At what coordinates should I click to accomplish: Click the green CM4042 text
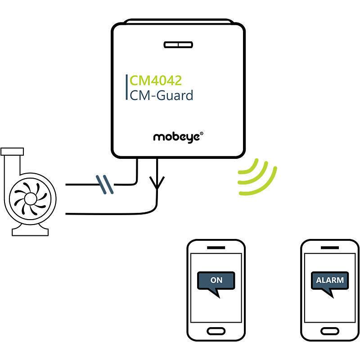tap(156, 81)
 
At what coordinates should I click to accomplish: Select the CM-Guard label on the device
tap(161, 95)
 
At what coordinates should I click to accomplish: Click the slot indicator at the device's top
tap(178, 45)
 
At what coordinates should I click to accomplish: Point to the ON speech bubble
tap(216, 281)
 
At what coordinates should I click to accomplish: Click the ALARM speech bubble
tap(330, 281)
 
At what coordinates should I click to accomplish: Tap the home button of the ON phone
tap(216, 331)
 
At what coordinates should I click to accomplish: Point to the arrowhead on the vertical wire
tap(157, 182)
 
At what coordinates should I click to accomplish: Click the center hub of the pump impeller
tap(29, 198)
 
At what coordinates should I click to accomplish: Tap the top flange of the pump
tap(12, 151)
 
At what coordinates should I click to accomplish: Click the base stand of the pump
tap(30, 231)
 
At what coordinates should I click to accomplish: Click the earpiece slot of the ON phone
tap(216, 247)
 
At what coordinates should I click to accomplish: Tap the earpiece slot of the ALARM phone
tap(330, 247)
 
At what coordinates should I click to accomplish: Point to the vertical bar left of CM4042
tap(126, 88)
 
